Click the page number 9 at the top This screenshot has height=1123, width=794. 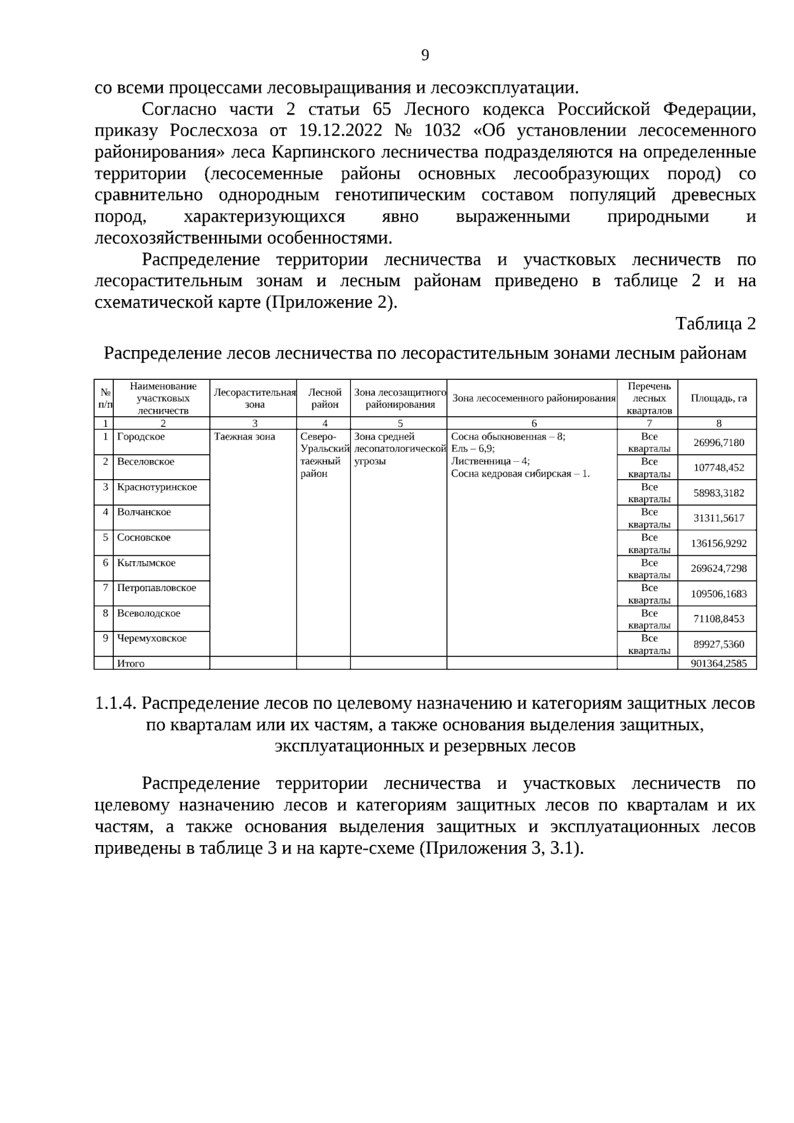[425, 55]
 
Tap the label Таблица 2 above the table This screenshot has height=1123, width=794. [715, 324]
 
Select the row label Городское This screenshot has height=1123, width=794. [141, 437]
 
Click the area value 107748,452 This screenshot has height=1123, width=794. [719, 468]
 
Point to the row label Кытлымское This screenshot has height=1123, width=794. [146, 563]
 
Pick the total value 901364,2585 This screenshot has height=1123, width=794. [719, 663]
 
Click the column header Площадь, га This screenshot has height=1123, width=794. [719, 398]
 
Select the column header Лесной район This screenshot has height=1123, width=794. [324, 398]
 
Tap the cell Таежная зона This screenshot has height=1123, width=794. [244, 437]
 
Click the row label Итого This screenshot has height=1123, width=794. [130, 663]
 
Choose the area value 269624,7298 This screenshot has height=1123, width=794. [719, 568]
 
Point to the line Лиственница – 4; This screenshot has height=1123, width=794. [490, 461]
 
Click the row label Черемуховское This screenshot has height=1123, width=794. [152, 639]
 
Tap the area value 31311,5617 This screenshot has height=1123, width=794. [719, 518]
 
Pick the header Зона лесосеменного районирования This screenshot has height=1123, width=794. [533, 398]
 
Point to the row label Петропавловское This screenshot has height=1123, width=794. [156, 588]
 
